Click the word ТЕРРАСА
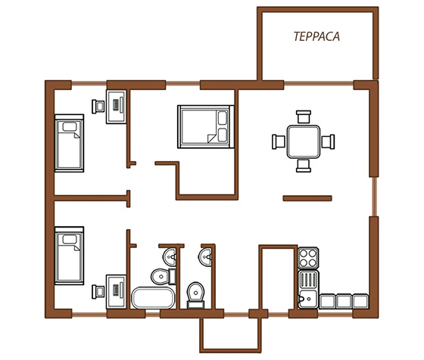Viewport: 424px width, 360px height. (x=316, y=37)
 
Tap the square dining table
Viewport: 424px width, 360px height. (x=304, y=141)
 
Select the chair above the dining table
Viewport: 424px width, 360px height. (x=304, y=116)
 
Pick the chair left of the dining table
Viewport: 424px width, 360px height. (x=279, y=141)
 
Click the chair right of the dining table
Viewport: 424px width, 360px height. (x=328, y=141)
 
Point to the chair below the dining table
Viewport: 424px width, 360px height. (x=304, y=166)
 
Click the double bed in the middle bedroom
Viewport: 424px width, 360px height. (x=205, y=126)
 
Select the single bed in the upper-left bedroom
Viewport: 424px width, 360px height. (x=69, y=143)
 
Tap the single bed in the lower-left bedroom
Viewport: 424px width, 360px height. (x=69, y=256)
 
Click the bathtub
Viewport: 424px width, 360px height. (x=153, y=298)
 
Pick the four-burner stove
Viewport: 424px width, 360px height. (x=308, y=258)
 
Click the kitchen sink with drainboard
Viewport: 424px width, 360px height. (x=308, y=289)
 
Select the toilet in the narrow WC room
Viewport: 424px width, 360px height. (x=196, y=295)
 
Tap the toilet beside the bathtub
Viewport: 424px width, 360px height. (x=164, y=277)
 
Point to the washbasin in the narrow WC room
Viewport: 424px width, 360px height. (x=205, y=257)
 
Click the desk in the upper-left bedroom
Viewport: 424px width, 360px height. (x=116, y=107)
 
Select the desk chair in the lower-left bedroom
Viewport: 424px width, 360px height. (x=98, y=292)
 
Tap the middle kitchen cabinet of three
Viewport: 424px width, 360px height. (x=344, y=301)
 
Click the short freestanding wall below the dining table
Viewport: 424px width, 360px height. (x=307, y=198)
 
